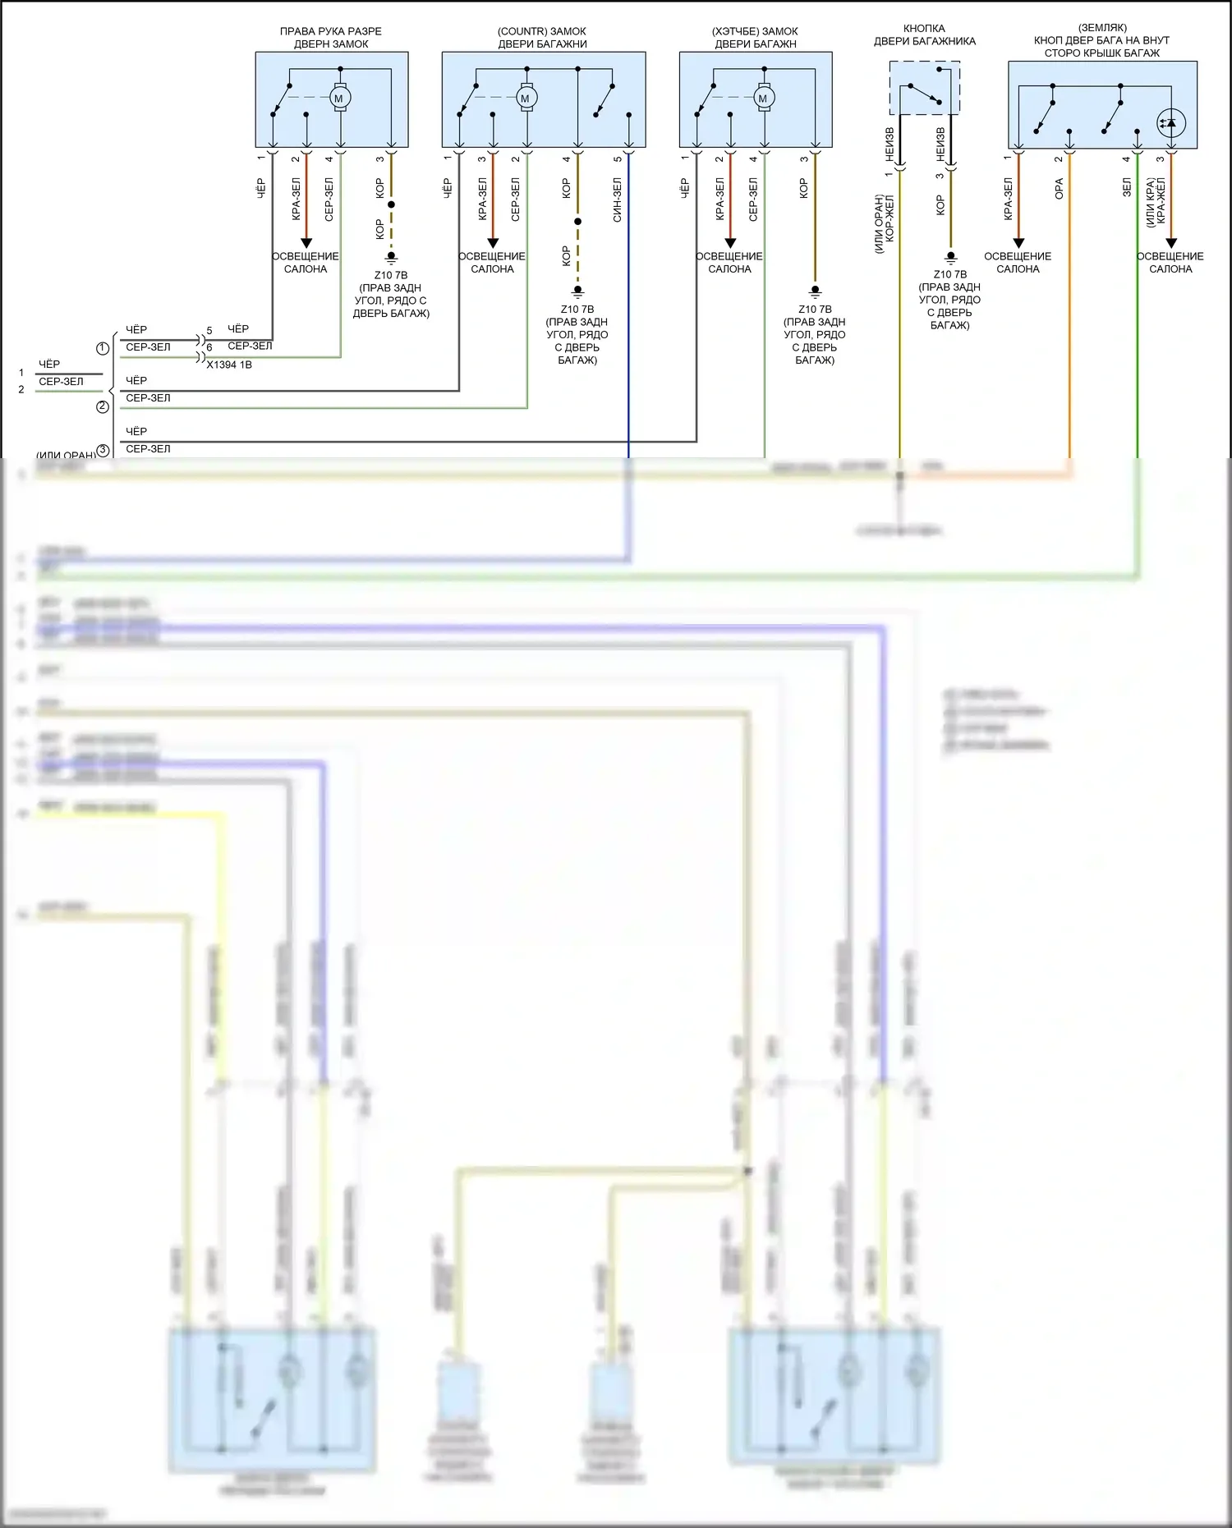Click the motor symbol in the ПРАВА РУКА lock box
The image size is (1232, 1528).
pos(340,99)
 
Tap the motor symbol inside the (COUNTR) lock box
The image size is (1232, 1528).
pos(526,99)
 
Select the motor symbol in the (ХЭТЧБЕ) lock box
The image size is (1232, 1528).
pos(763,99)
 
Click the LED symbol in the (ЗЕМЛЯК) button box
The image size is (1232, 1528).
pos(1170,123)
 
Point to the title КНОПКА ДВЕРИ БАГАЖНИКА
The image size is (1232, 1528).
pos(924,34)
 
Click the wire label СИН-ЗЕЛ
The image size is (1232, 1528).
pos(618,200)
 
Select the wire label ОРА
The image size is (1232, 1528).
pos(1060,189)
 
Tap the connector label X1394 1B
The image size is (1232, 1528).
pos(229,365)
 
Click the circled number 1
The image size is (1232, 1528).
pos(103,348)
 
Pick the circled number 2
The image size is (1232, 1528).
pos(103,406)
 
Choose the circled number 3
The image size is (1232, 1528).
pos(103,450)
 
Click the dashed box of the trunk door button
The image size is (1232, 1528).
pos(925,88)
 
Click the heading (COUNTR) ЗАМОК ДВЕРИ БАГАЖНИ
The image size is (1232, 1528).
pos(542,38)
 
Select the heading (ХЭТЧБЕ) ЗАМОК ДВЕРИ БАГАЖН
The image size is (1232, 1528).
pos(755,38)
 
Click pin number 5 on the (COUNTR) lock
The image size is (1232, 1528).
pos(618,159)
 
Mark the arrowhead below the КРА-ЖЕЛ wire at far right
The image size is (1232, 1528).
pos(1171,243)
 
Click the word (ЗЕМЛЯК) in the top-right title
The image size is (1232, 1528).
pos(1102,28)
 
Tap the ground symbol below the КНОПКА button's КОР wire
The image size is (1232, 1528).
pos(950,257)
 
